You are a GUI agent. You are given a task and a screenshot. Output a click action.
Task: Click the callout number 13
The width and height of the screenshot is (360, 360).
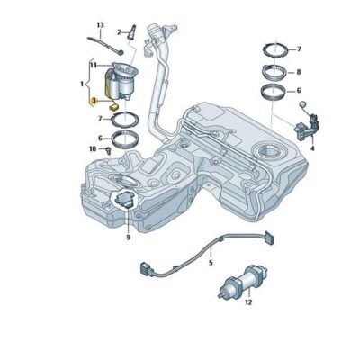tap(100, 25)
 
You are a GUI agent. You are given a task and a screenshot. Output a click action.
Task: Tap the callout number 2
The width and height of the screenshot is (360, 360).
tap(119, 32)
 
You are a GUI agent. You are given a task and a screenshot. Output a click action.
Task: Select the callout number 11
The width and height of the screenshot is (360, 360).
tap(94, 65)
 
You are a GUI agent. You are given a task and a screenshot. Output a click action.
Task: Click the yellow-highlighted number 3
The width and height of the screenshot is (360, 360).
tap(94, 101)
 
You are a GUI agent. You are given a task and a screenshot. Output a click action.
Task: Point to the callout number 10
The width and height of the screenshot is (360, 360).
tap(93, 148)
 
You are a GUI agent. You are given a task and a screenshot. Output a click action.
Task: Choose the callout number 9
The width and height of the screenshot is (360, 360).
tap(129, 238)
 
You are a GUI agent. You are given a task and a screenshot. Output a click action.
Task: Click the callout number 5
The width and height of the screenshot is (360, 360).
tap(211, 263)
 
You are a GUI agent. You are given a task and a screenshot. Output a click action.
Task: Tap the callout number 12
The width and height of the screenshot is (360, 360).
tap(248, 302)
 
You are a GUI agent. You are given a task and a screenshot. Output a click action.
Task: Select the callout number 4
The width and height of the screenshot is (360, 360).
tap(312, 148)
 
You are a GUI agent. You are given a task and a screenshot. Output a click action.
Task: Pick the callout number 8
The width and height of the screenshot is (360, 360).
tap(299, 72)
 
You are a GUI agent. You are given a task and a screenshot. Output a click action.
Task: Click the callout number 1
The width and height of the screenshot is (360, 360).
tap(82, 85)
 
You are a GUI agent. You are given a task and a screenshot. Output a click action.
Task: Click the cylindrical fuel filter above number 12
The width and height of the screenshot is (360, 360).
tap(244, 281)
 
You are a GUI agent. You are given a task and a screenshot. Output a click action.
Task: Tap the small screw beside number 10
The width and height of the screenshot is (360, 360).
tap(109, 149)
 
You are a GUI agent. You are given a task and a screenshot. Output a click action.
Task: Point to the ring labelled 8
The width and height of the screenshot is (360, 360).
tap(273, 72)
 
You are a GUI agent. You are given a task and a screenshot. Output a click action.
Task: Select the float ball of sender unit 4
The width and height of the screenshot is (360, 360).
tap(302, 104)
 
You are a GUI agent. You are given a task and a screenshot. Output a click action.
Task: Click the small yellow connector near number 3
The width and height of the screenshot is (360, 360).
tap(114, 106)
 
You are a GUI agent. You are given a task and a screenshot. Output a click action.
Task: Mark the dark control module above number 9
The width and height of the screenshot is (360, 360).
tap(125, 200)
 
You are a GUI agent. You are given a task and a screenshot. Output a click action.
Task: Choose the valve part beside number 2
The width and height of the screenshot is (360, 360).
tap(131, 32)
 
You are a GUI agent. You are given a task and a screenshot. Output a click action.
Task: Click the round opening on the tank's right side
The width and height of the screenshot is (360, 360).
tap(269, 149)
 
